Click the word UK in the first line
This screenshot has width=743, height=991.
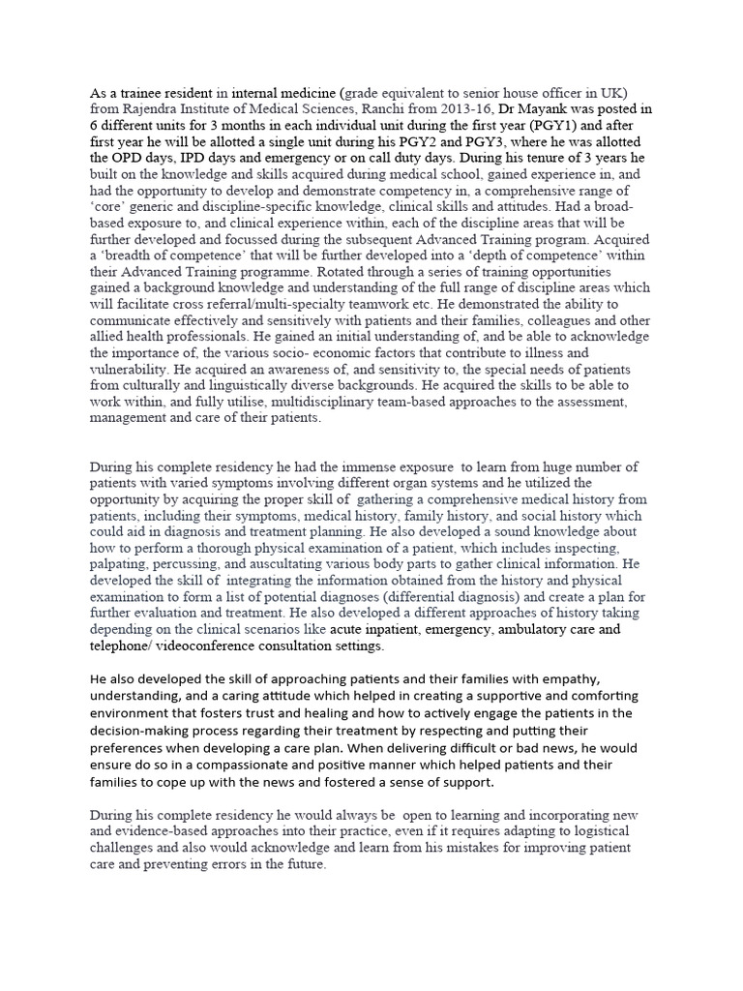coord(614,94)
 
